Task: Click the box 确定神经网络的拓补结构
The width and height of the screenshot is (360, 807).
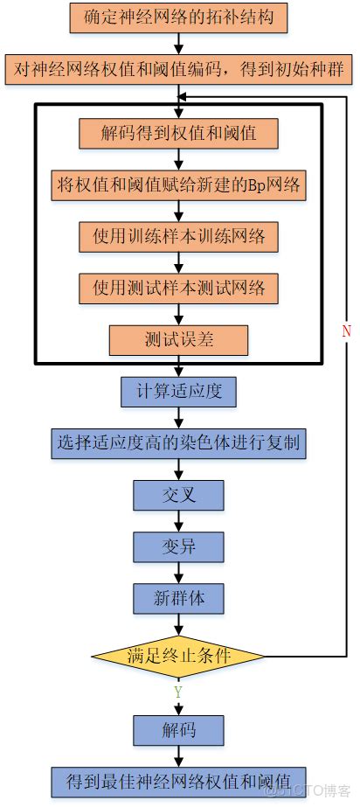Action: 178,17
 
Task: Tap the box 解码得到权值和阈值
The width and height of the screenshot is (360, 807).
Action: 178,134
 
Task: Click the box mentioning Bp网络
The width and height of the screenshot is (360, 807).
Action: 178,184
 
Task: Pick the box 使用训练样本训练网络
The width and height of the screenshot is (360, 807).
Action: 178,236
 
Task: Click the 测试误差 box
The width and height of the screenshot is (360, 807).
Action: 178,339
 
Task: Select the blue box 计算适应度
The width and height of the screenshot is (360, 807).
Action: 178,391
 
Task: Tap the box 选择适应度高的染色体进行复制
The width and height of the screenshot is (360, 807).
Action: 178,443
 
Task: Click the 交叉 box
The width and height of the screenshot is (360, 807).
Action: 178,495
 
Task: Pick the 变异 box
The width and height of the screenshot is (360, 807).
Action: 178,546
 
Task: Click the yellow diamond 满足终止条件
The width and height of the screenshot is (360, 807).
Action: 178,654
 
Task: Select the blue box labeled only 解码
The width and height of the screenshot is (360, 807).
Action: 178,729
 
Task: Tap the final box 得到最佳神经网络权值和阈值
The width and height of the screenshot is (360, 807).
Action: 178,780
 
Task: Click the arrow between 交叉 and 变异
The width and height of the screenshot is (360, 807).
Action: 178,521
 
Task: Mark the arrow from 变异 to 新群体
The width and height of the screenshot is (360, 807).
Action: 178,573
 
